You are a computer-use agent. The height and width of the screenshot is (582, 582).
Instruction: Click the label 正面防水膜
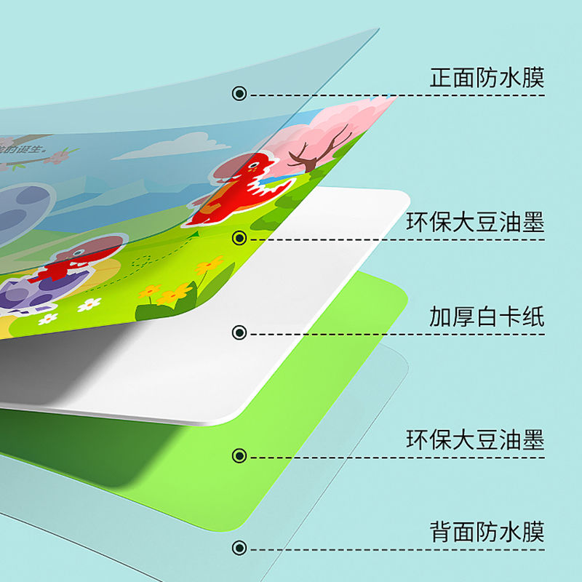[487, 78]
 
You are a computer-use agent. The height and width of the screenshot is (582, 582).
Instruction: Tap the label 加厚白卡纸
[487, 317]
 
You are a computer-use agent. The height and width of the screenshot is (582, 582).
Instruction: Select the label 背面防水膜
[487, 532]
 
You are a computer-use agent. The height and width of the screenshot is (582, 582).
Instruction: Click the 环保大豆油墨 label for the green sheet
[476, 440]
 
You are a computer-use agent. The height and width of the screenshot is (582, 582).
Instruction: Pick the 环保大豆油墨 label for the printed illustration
[476, 223]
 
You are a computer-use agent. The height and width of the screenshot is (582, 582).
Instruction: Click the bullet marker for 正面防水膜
[239, 94]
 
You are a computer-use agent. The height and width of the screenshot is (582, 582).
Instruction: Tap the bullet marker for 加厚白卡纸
[239, 333]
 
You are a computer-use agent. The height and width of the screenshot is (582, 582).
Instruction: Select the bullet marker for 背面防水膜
[239, 548]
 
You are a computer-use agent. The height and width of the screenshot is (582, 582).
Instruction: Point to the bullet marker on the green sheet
[239, 456]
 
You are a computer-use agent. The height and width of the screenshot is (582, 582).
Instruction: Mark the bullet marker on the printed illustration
[239, 238]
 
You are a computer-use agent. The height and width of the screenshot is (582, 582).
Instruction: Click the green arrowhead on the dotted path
[194, 234]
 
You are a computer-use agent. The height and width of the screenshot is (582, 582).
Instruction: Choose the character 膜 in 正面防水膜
[533, 78]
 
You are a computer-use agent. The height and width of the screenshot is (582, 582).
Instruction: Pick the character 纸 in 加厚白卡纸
[533, 317]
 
